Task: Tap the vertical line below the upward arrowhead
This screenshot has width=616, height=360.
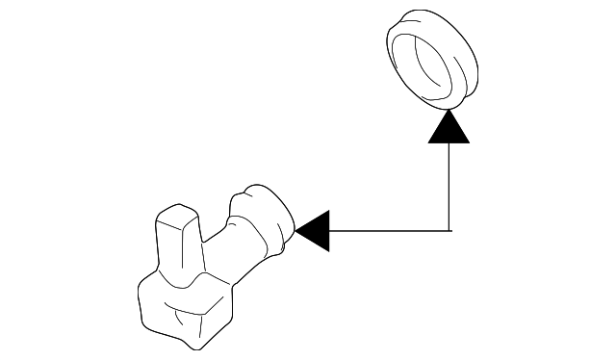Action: coord(449,188)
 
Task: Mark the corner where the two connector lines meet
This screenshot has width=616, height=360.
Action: coord(449,231)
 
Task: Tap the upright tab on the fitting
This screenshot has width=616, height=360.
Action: coord(177,245)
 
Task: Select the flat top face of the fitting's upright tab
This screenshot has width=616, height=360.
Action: coord(176,219)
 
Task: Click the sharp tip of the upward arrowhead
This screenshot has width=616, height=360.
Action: coord(449,109)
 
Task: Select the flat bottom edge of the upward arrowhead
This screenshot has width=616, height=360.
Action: coord(449,142)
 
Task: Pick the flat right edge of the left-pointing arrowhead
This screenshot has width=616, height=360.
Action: coord(328,231)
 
